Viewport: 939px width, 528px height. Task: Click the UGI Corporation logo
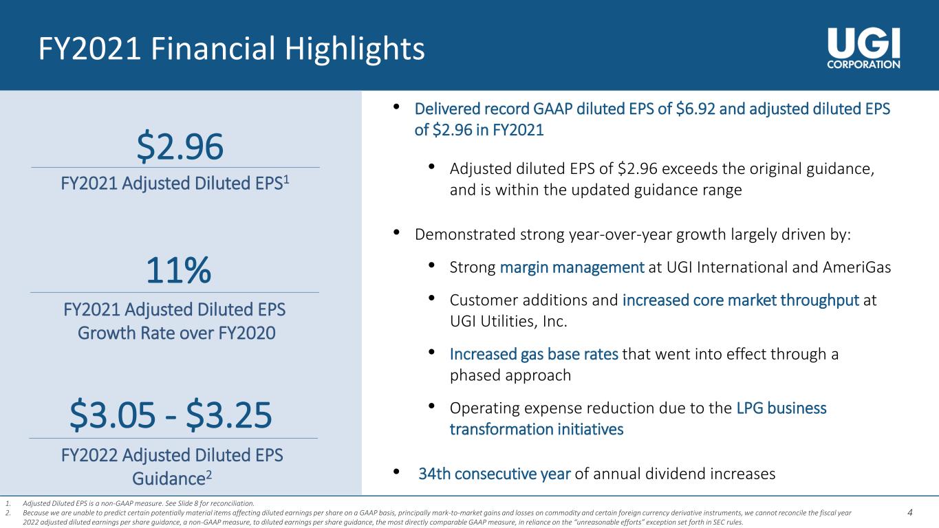point(863,48)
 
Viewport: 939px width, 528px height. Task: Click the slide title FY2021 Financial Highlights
point(231,49)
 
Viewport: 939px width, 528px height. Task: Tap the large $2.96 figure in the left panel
point(180,146)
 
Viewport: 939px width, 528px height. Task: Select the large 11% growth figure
point(178,270)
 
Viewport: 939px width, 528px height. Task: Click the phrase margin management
point(572,267)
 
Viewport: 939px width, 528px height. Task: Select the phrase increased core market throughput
point(741,300)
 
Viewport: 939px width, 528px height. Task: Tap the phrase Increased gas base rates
point(534,355)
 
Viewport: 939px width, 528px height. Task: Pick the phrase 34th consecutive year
point(494,474)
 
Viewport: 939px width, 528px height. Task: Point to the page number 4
point(909,512)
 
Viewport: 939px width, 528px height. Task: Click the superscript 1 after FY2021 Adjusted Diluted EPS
point(286,179)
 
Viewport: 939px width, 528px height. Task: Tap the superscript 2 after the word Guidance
point(208,475)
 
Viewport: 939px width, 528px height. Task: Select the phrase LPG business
point(781,408)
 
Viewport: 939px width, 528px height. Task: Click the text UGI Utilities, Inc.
point(508,322)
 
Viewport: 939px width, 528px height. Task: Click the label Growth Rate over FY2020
point(177,333)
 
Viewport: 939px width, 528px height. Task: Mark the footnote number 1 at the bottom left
point(8,503)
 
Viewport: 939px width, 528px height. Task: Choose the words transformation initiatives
point(537,430)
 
